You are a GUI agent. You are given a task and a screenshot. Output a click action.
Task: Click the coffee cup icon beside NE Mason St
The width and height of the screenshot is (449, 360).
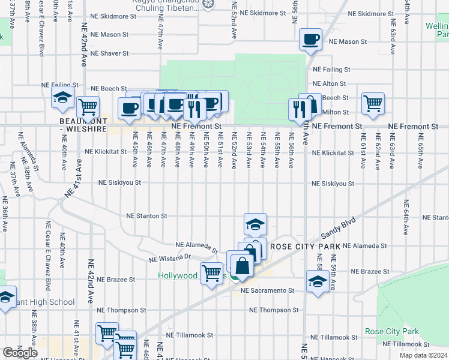pyautogui.click(x=311, y=40)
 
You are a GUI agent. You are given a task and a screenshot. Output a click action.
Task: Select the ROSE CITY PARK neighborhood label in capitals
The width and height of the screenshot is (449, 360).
pyautogui.click(x=305, y=247)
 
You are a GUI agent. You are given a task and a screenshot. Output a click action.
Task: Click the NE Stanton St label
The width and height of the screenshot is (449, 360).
pyautogui.click(x=146, y=216)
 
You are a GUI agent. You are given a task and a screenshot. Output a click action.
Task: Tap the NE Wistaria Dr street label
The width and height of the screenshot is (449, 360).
pyautogui.click(x=169, y=259)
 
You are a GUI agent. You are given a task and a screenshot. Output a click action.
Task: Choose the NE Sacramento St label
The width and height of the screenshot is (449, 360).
pyautogui.click(x=266, y=290)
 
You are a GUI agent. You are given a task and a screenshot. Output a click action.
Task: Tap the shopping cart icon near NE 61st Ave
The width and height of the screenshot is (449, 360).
pyautogui.click(x=373, y=103)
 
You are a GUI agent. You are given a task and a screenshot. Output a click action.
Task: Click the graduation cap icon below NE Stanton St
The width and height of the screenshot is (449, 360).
pyautogui.click(x=255, y=224)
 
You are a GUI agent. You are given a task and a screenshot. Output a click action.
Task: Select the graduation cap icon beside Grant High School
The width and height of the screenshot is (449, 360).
pyautogui.click(x=5, y=298)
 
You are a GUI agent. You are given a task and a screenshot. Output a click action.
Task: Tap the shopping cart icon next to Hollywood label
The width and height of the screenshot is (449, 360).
pyautogui.click(x=211, y=274)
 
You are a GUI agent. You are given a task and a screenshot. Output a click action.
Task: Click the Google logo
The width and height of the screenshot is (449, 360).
pyautogui.click(x=19, y=353)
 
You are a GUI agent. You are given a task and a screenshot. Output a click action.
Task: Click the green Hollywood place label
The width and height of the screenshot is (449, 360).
pyautogui.click(x=178, y=276)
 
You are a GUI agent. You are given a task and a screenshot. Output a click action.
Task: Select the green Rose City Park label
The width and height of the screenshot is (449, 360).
pyautogui.click(x=391, y=331)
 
